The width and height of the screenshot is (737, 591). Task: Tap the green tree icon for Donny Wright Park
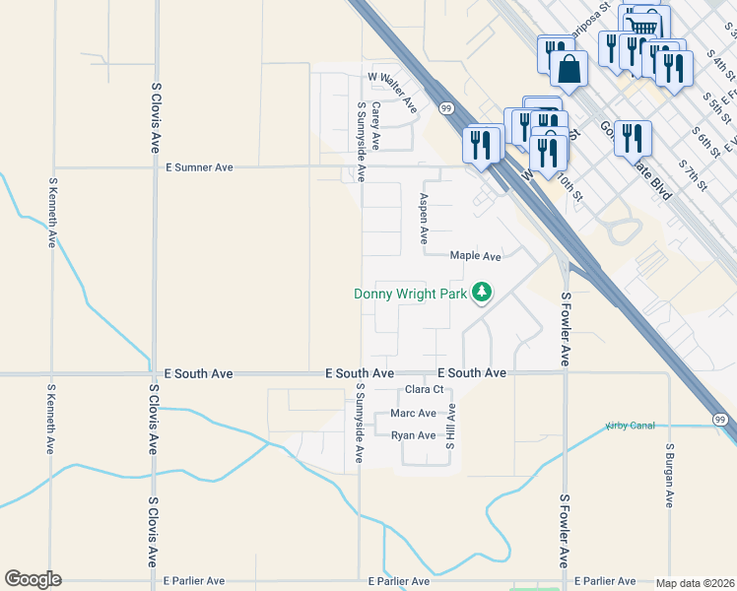482,293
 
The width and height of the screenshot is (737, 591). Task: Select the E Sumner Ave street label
199,168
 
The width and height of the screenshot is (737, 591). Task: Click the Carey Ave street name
375,128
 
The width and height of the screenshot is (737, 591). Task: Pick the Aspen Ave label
424,218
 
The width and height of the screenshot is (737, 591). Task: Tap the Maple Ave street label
476,256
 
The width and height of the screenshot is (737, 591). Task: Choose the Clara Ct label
425,390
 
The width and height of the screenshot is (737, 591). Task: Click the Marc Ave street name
413,414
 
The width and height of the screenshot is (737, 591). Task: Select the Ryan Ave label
413,435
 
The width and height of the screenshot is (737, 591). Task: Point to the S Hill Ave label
448,430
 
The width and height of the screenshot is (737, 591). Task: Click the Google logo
33,579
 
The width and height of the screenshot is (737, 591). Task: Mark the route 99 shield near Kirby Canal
719,420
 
